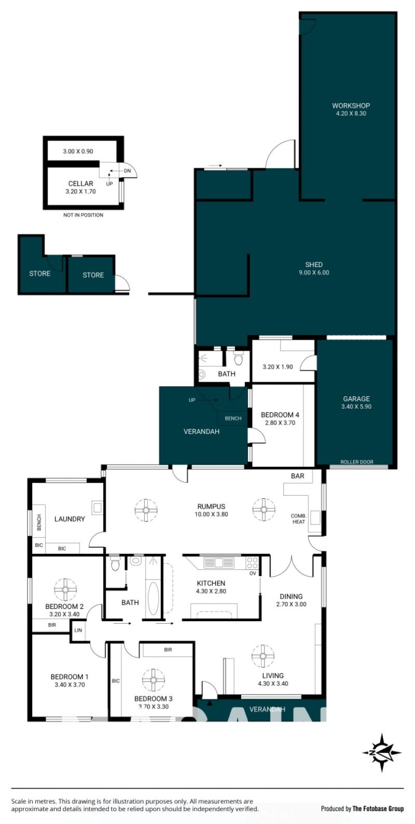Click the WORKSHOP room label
(x=351, y=106)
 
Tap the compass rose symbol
(x=381, y=752)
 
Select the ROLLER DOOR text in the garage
(x=356, y=462)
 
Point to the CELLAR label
(x=80, y=183)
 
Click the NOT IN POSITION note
(x=83, y=215)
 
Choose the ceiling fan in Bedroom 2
(x=65, y=589)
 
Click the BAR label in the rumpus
(x=297, y=476)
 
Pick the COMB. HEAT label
(x=298, y=519)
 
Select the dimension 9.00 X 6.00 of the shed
(x=314, y=273)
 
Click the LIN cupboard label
(x=78, y=630)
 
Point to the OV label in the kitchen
(x=253, y=574)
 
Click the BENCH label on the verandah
(x=233, y=418)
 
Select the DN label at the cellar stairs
(x=127, y=171)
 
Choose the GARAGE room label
(x=356, y=398)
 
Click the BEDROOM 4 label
(x=280, y=414)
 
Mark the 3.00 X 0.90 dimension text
(x=78, y=151)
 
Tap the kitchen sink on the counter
(x=219, y=563)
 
